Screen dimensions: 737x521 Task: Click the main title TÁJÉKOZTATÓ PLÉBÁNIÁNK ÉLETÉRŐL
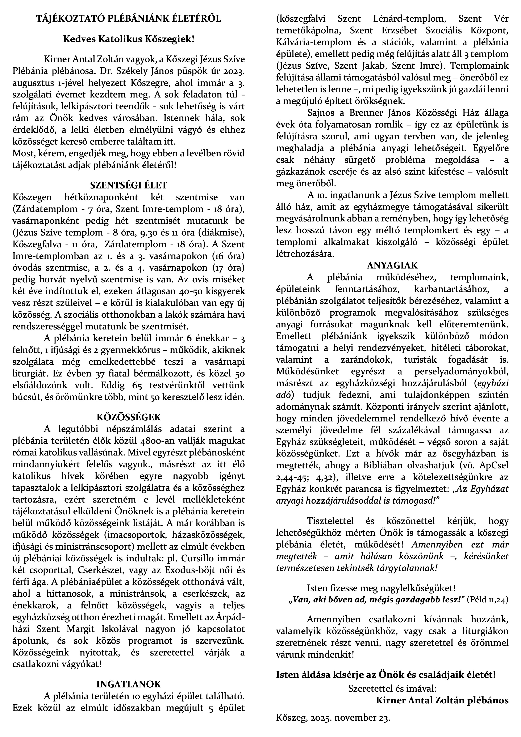point(129,19)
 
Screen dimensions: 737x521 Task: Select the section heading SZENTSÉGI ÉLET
point(129,185)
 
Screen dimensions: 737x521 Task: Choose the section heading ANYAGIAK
point(392,265)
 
